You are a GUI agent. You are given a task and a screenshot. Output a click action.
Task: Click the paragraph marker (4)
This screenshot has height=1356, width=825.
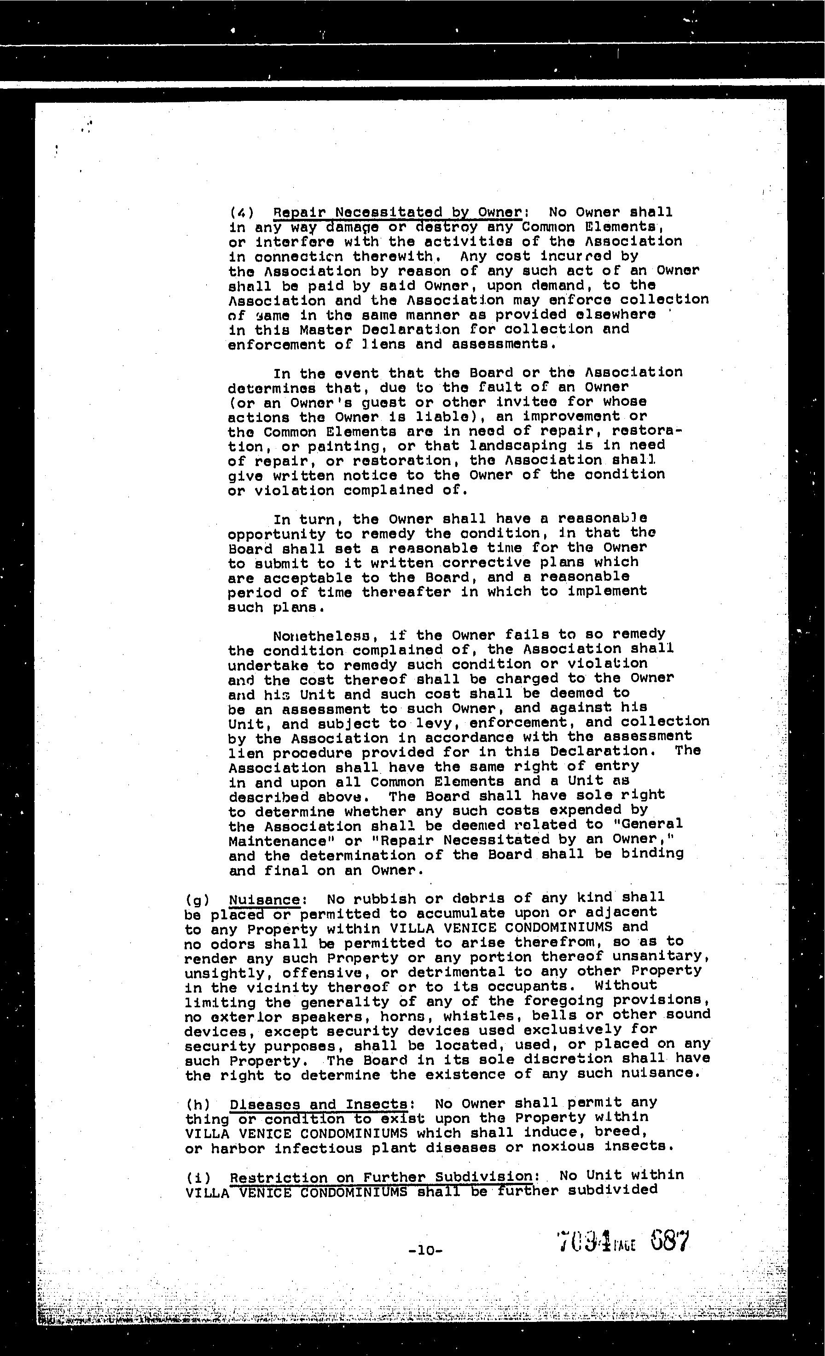241,212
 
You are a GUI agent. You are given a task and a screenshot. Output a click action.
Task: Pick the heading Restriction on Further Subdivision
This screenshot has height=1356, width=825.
381,1176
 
